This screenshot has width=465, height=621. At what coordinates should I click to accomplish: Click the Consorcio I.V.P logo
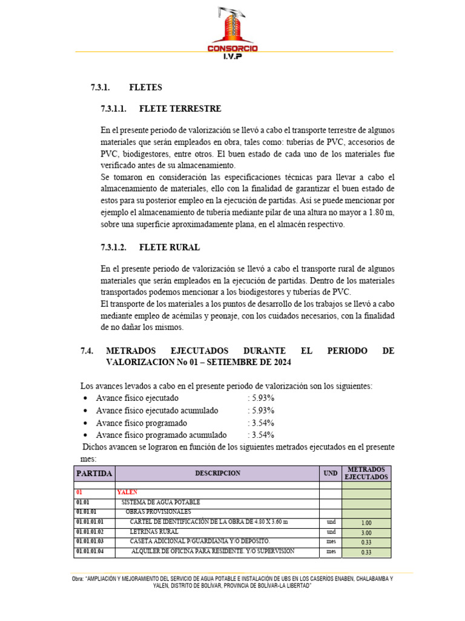(x=232, y=33)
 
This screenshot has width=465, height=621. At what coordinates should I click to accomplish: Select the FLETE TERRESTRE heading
(x=180, y=109)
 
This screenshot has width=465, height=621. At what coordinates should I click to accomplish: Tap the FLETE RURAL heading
(x=169, y=248)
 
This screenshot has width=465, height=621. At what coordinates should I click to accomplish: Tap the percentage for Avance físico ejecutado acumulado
(x=261, y=411)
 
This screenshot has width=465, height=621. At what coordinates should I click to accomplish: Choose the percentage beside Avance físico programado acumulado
(x=261, y=435)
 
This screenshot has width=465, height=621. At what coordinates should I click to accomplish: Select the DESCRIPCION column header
(x=217, y=473)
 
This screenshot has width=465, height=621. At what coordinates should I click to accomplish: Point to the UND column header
(x=331, y=473)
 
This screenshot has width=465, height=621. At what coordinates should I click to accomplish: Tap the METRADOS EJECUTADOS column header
(x=366, y=473)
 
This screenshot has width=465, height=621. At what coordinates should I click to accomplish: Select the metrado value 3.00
(x=366, y=532)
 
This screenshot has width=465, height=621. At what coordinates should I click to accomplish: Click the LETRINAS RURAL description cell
(x=154, y=531)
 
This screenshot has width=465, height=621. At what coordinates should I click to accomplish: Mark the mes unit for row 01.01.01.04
(x=331, y=551)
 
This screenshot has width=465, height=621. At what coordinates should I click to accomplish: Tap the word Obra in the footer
(x=77, y=579)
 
